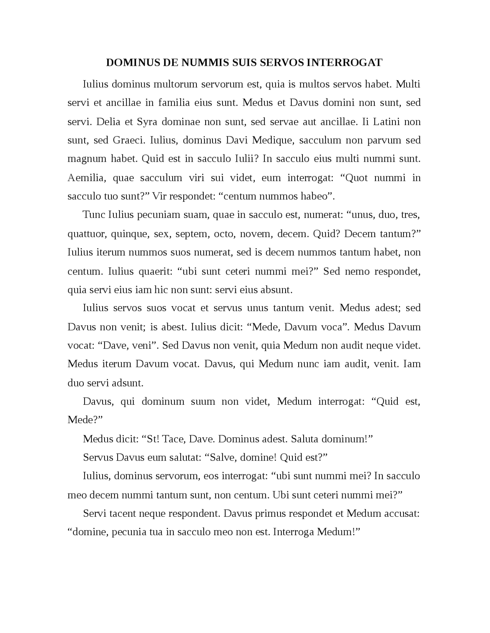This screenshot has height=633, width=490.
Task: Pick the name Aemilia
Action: click(86, 178)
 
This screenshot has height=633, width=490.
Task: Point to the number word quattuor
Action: click(86, 234)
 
